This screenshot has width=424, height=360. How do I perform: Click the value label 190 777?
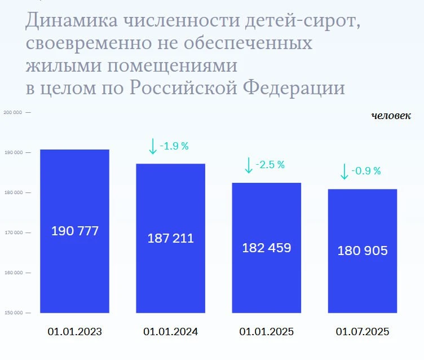75,231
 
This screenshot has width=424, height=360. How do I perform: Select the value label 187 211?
171,238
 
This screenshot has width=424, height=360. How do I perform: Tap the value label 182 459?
267,247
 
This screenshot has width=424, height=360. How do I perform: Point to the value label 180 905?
363,251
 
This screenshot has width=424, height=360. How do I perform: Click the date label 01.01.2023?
75,332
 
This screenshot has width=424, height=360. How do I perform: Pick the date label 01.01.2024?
171,332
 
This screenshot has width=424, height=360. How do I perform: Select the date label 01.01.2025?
267,332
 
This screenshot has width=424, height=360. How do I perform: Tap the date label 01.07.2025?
363,332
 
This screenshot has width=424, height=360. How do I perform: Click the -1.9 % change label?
174,146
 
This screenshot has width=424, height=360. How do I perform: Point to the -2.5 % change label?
270,165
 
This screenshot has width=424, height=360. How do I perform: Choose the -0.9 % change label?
366,170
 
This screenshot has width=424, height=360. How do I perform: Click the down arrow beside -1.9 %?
153,146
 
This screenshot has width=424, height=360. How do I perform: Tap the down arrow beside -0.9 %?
344,171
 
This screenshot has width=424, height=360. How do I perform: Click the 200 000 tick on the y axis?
12,112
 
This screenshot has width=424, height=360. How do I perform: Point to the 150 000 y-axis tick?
12,313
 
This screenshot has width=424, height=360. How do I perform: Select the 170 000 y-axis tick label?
12,232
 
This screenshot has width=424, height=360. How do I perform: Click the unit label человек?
391,116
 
